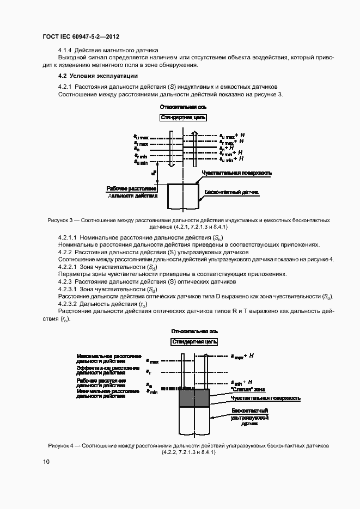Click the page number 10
[46, 462]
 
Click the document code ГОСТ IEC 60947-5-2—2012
[81, 36]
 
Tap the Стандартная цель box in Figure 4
[194, 342]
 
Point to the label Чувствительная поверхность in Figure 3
[236, 173]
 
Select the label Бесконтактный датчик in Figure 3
[230, 192]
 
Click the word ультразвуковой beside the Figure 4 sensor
[249, 417]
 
